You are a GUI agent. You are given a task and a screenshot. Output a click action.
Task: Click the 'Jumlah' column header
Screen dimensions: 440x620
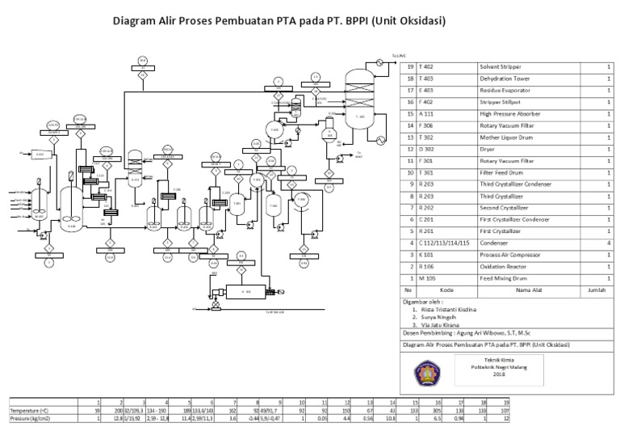tap(596, 289)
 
